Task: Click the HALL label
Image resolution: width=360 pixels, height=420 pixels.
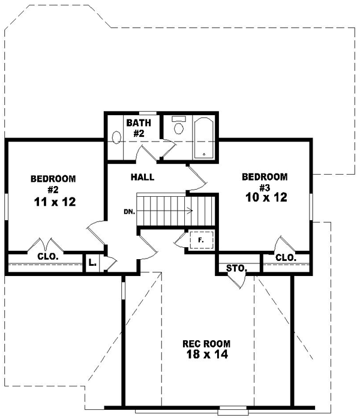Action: click(143, 177)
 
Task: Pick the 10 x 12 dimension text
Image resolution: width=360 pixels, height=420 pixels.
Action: click(265, 197)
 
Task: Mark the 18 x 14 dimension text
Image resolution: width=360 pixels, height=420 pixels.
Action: click(206, 355)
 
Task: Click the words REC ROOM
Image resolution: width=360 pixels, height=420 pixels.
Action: click(206, 344)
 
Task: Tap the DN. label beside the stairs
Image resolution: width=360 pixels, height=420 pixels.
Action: click(129, 212)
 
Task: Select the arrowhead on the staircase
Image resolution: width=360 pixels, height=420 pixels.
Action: click(190, 211)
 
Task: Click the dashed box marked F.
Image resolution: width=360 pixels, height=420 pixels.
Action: click(201, 241)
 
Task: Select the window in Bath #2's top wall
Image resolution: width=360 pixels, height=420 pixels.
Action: click(149, 113)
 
